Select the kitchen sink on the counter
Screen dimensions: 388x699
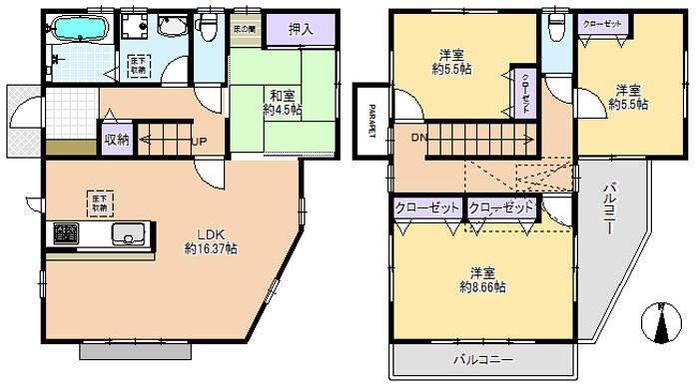coord(129,236)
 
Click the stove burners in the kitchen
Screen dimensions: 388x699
coord(66,236)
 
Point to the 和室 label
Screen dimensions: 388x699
coord(279,97)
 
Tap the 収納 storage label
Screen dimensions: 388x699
coord(117,140)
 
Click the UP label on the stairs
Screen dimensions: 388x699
coord(199,140)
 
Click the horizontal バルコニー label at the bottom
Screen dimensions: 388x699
coord(482,358)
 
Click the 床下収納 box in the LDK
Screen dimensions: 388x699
coord(97,199)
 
